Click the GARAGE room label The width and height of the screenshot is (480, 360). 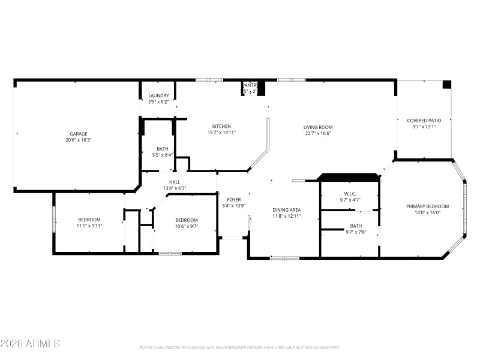(79, 133)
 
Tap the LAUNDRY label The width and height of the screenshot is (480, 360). (158, 95)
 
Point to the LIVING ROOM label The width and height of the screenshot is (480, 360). (317, 127)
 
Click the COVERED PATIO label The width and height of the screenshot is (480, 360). (424, 120)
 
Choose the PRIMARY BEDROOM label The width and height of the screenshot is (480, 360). (427, 206)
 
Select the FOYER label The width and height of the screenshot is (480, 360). (233, 199)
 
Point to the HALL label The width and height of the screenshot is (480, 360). (174, 182)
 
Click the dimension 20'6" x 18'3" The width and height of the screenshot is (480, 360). (79, 140)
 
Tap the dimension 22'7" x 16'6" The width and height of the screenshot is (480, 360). (317, 134)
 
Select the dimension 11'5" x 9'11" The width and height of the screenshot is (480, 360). (89, 226)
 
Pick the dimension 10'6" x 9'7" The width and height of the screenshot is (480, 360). (186, 226)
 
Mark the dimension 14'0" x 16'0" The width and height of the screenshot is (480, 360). (427, 212)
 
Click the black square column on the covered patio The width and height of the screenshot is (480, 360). (446, 85)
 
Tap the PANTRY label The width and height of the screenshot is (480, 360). (250, 86)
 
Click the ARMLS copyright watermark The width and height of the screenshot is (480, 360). (30, 344)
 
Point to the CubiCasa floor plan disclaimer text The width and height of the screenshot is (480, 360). (240, 347)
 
